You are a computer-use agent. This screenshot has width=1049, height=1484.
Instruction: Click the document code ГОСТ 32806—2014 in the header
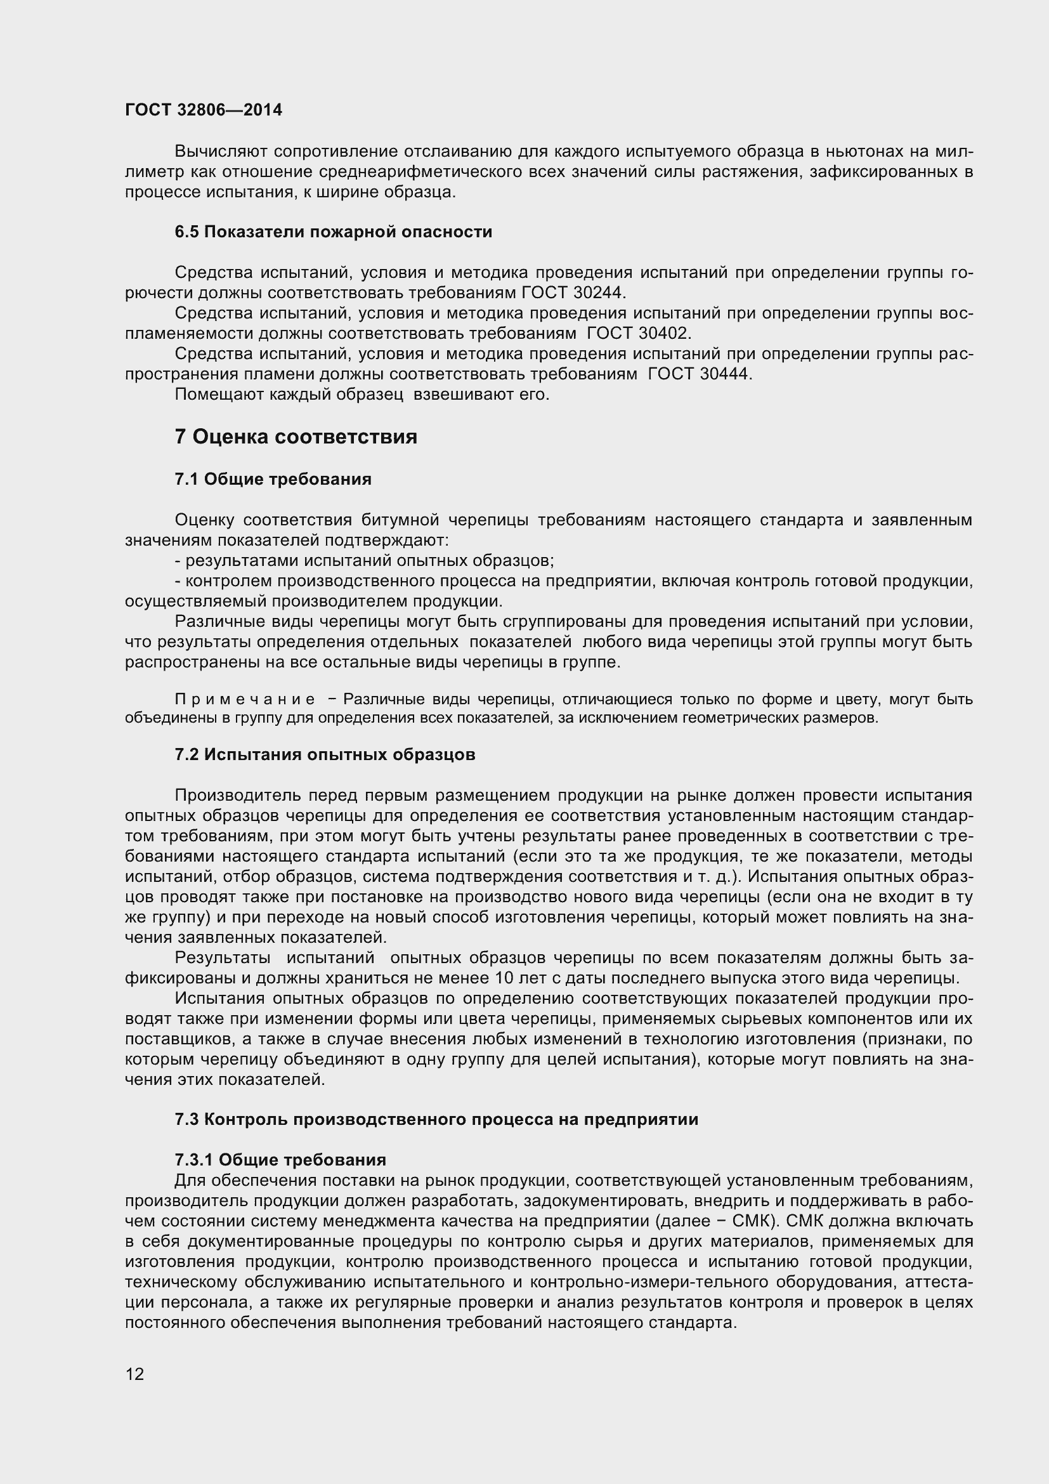(204, 110)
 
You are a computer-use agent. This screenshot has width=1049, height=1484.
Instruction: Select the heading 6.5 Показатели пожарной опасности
(334, 232)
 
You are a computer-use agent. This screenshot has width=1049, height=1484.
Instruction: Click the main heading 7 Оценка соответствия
(296, 437)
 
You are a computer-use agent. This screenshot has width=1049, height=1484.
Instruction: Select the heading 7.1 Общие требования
(273, 480)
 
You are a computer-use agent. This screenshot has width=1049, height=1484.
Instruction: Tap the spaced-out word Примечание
(245, 700)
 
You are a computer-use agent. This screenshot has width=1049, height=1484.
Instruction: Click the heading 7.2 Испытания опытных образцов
(325, 755)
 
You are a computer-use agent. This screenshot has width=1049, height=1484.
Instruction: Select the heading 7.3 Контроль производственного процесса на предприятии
(436, 1119)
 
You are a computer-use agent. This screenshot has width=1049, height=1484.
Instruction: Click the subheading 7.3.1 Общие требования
(280, 1160)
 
